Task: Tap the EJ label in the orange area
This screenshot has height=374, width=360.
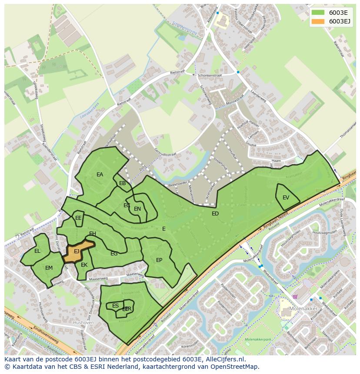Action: tap(77, 251)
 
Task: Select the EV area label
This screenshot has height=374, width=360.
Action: tap(286, 198)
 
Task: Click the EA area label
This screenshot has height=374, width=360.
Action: tap(100, 175)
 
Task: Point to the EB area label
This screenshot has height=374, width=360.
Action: tap(122, 183)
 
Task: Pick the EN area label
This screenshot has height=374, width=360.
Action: tap(137, 209)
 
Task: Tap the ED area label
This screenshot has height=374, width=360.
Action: tap(215, 214)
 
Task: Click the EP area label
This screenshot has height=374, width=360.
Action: tap(159, 260)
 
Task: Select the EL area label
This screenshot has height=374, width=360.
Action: tap(37, 251)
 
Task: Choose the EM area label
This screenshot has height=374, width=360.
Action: tap(49, 268)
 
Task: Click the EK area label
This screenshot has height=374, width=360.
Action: tap(84, 265)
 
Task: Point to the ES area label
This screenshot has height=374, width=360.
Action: tap(115, 306)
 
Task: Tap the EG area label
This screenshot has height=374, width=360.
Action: tap(114, 254)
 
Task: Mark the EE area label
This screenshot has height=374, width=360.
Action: tap(78, 218)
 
